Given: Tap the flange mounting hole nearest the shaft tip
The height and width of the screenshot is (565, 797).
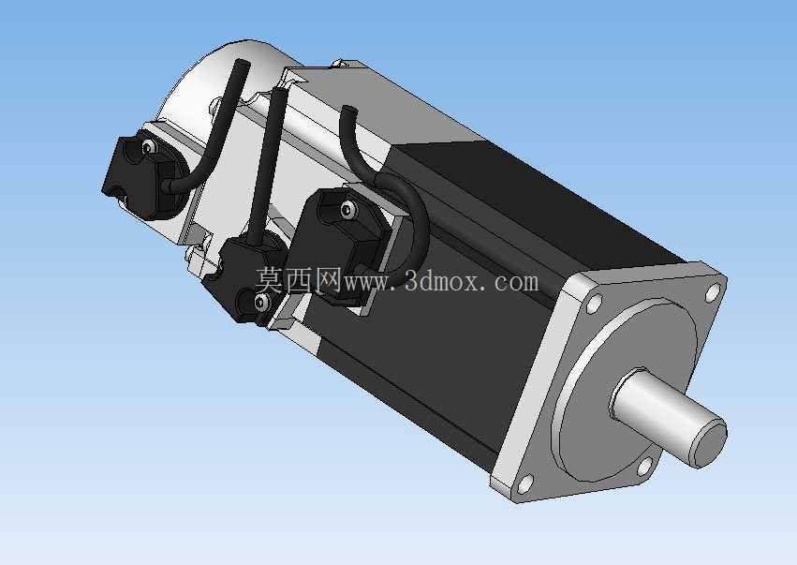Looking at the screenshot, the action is tap(644, 466).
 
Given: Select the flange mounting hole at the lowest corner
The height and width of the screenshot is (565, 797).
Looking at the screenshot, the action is tap(526, 483).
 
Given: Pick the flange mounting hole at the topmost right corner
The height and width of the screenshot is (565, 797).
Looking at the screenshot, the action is tap(713, 292).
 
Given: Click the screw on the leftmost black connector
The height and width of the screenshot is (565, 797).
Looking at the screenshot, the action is tap(148, 147).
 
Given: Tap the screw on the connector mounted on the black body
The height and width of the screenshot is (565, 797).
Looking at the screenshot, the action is tap(347, 209).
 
